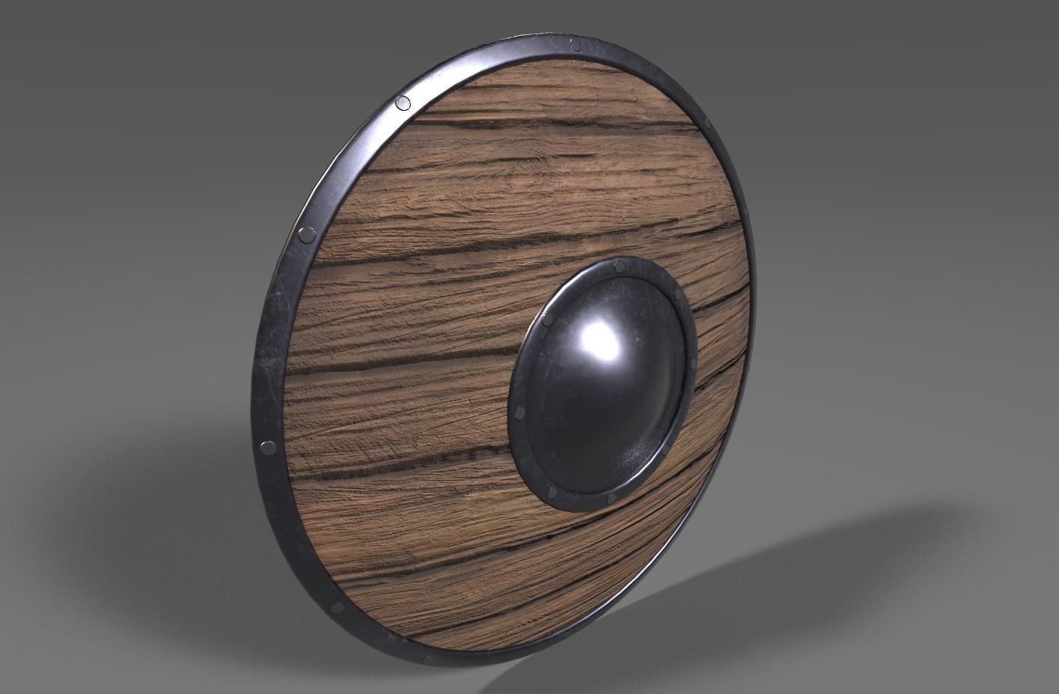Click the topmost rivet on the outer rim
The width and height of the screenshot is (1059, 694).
(575, 46)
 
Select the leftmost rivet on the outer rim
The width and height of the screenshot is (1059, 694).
(267, 449)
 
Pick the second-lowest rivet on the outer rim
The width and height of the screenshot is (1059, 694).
(337, 607)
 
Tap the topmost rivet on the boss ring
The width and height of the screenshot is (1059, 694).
(618, 266)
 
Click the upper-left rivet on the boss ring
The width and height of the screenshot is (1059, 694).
(546, 320)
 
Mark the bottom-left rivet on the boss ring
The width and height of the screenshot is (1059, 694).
(552, 492)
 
